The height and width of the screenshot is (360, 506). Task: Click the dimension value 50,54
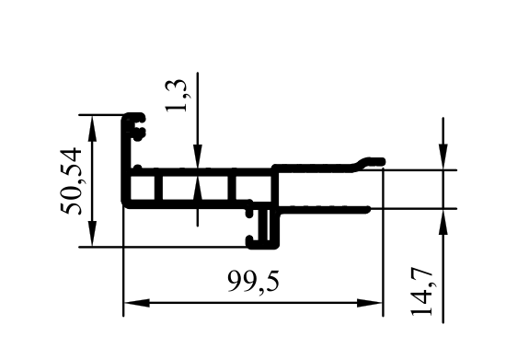70,181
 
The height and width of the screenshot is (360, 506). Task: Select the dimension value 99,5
253,282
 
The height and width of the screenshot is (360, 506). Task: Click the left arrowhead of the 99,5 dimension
136,303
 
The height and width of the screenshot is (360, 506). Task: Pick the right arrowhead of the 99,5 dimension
370,303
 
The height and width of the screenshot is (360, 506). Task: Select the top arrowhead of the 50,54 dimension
92,128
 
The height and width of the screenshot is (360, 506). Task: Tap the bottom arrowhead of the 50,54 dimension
92,234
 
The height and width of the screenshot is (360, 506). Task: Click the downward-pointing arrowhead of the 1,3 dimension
198,157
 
